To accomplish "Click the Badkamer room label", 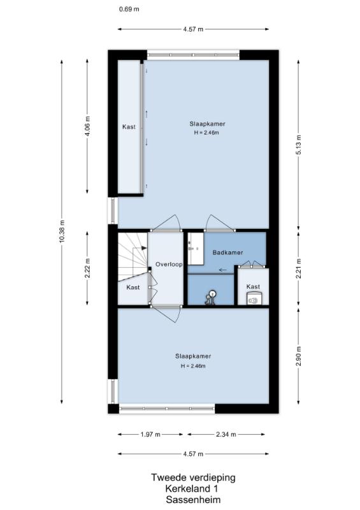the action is click(x=227, y=252).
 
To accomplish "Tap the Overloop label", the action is click(x=169, y=264).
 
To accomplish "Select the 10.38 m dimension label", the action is click(x=62, y=231).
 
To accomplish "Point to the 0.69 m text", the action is click(x=129, y=9).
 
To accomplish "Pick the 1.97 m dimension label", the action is click(x=150, y=434).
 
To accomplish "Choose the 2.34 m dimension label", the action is click(x=226, y=434).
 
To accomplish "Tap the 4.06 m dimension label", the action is click(x=88, y=127).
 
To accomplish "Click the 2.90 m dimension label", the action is click(x=299, y=356).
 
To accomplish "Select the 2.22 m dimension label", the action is click(x=88, y=268).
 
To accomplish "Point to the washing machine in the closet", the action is click(x=254, y=298).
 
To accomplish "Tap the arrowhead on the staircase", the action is click(x=144, y=248).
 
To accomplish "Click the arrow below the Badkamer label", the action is click(x=223, y=270).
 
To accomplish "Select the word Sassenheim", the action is click(x=193, y=500).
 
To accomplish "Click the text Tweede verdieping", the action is click(x=193, y=477).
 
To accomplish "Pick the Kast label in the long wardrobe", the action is click(x=129, y=127).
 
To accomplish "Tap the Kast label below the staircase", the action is click(x=133, y=288).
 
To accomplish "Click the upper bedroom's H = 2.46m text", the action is click(x=206, y=133).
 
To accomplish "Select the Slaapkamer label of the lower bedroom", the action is click(x=193, y=356).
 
